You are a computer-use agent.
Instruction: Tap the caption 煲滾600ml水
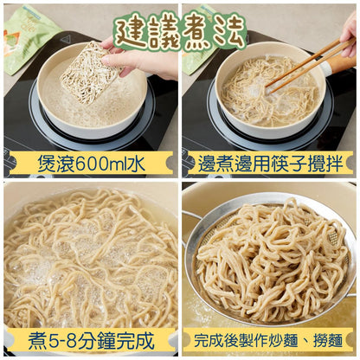coord(90,164)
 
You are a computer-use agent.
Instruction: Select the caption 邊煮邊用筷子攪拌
coord(270,164)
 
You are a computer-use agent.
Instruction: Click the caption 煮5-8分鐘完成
coord(90,340)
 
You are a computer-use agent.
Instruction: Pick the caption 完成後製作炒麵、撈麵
coord(270,340)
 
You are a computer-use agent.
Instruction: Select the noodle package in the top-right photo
coord(196,35)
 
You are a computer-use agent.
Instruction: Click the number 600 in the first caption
coord(83,164)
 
